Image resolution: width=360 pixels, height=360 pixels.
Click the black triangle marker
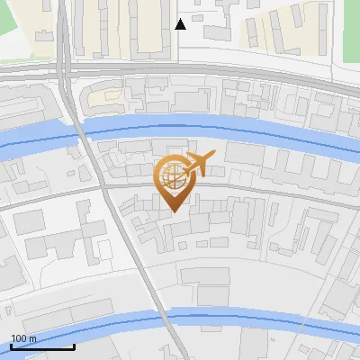[180, 23]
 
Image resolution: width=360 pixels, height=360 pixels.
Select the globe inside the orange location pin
[171, 176]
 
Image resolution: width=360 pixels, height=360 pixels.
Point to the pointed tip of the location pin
[171, 211]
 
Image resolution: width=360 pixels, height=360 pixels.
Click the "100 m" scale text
[23, 338]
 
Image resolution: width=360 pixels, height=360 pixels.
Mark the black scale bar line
[41, 346]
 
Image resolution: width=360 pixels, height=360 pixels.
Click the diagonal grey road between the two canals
[130, 252]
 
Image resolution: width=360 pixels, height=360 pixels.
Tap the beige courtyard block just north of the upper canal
[109, 94]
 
